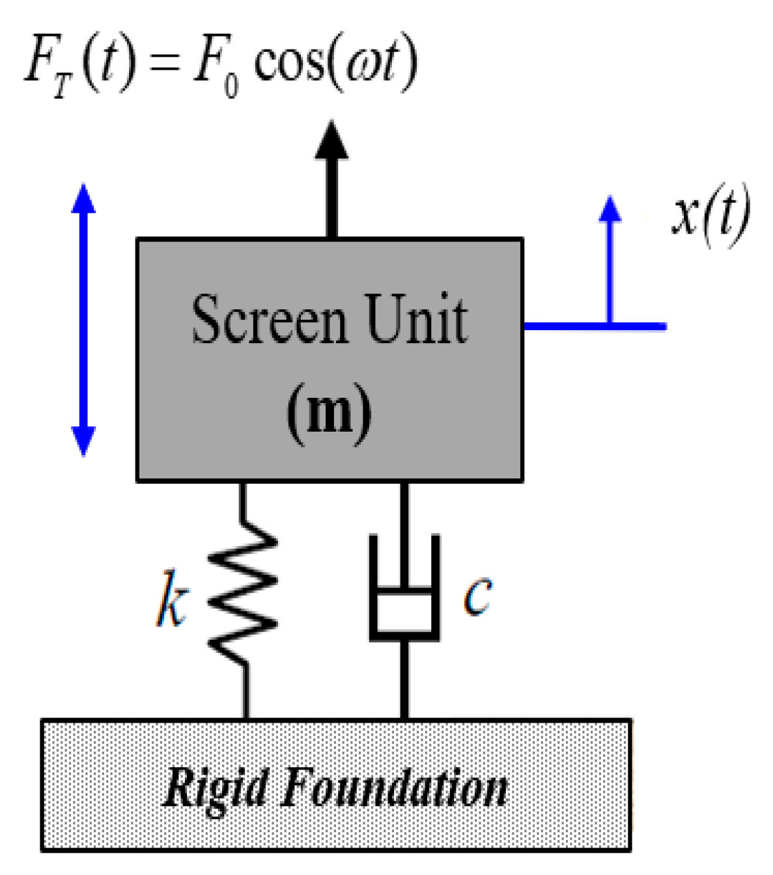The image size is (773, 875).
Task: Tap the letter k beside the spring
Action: click(x=171, y=599)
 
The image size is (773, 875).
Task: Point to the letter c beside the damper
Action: click(x=477, y=595)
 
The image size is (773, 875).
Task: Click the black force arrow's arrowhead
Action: click(x=331, y=141)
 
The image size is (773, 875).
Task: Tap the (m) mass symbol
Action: click(x=329, y=411)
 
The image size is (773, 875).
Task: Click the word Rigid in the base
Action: click(x=216, y=788)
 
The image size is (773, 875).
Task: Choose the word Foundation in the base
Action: click(x=393, y=788)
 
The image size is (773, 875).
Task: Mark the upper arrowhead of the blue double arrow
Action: click(x=83, y=198)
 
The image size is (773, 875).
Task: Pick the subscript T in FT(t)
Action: click(x=61, y=85)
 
